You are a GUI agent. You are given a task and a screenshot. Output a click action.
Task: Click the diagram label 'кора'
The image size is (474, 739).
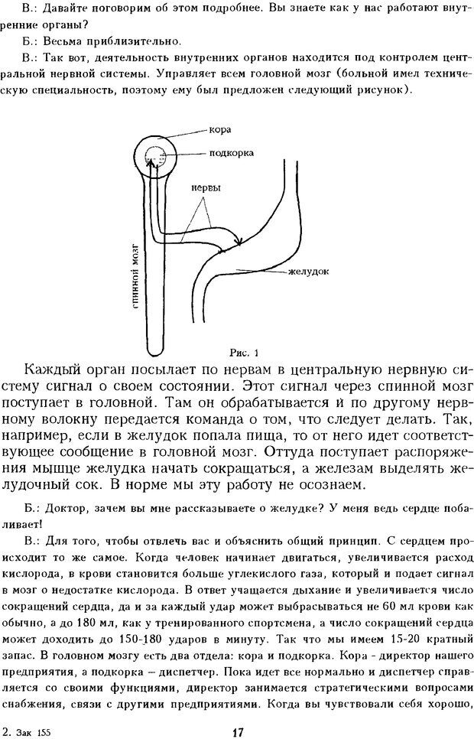220,129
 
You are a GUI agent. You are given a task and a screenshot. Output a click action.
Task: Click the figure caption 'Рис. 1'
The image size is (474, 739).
245,353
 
